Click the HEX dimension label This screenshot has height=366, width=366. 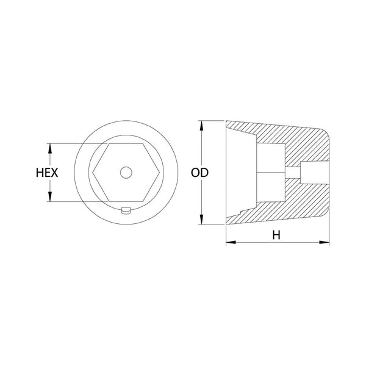(46, 173)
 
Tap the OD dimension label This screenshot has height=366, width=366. (199, 173)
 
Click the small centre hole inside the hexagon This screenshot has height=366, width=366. (125, 173)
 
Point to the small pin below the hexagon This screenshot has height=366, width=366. (125, 210)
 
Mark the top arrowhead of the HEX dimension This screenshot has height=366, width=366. (49, 147)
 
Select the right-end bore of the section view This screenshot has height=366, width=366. (315, 173)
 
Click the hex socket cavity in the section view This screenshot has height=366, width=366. (271, 173)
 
